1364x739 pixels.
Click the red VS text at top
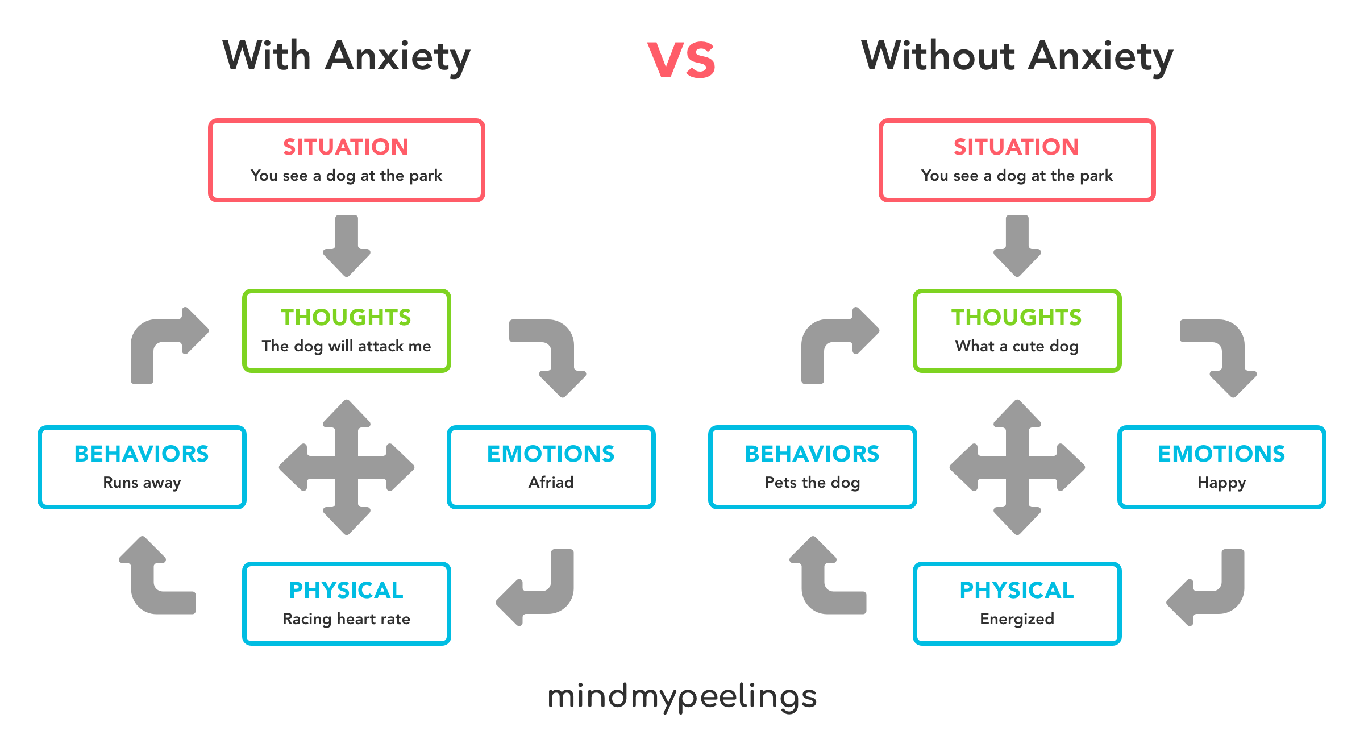pos(681,60)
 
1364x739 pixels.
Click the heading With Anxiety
pos(346,57)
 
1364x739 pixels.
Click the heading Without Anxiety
pos(1017,57)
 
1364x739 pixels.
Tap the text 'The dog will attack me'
pos(346,346)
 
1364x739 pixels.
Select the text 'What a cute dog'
pos(1017,346)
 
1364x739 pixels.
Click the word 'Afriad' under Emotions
pos(551,483)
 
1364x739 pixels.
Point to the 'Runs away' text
pos(142,483)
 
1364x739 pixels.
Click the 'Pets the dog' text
pos(812,483)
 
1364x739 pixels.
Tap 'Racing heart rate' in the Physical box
pos(346,619)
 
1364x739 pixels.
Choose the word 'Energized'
pos(1017,619)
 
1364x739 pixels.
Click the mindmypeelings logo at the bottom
pos(681,696)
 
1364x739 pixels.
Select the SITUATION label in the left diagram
pos(346,147)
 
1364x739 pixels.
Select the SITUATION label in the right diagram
pos(1017,147)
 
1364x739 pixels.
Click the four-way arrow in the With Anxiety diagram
pos(347,467)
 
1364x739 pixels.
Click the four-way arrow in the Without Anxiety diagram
pos(1017,467)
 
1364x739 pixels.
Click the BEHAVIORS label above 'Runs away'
pos(142,454)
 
